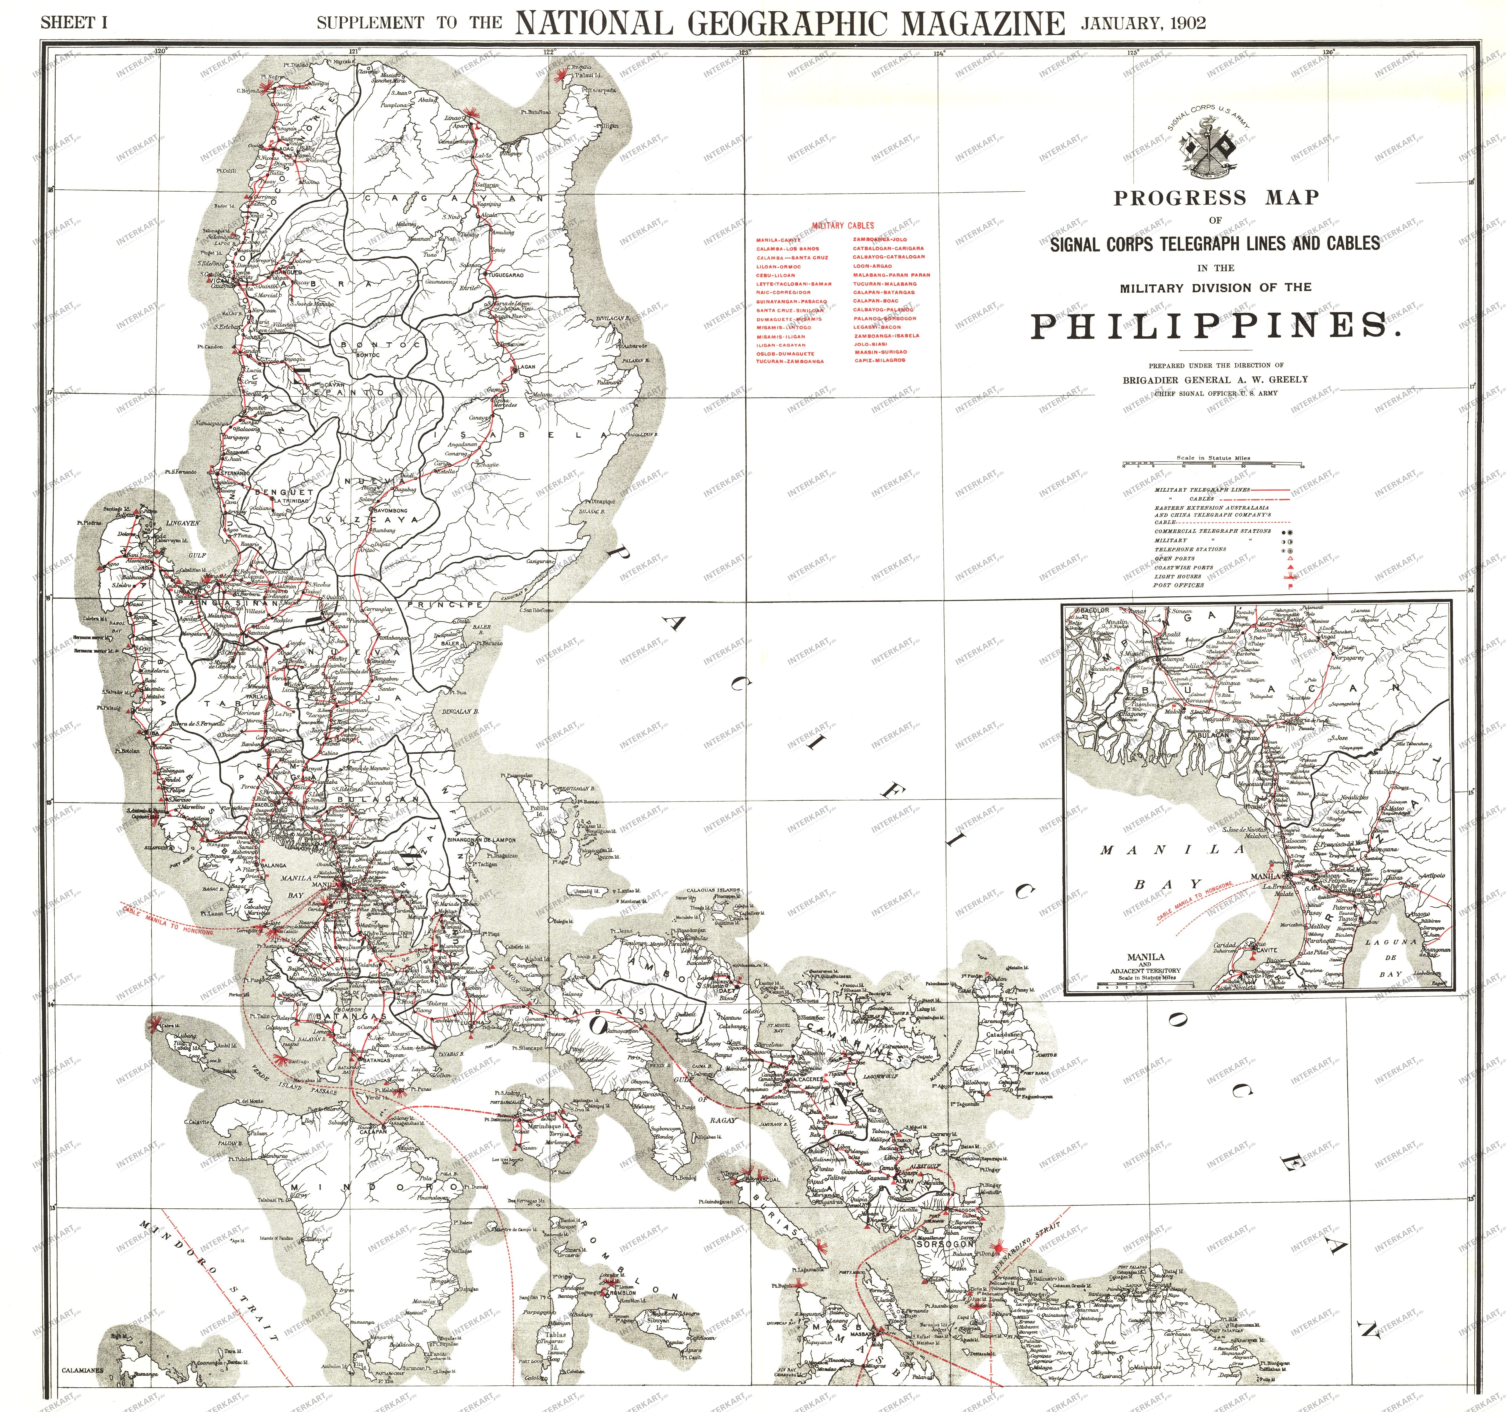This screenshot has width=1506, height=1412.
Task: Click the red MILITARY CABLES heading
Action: click(842, 225)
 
